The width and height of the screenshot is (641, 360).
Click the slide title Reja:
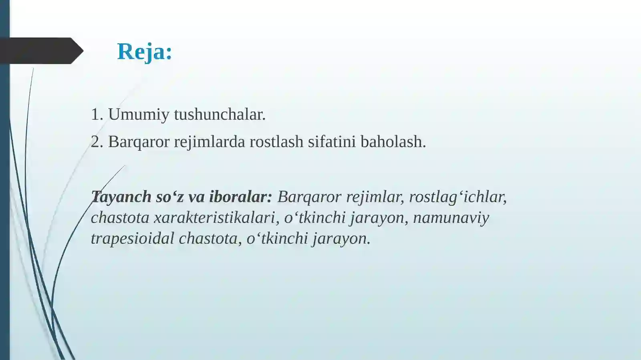pos(144,52)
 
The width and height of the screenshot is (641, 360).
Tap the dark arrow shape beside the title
pos(40,51)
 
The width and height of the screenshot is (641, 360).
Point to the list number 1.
pos(97,115)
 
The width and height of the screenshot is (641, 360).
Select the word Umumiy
pos(139,115)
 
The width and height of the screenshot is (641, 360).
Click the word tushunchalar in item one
pos(220,115)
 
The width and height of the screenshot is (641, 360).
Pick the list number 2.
pos(97,142)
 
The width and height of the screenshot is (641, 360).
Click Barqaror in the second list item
pos(139,142)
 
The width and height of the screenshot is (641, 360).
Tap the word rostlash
pos(276,142)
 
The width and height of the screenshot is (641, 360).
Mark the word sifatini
pos(331,142)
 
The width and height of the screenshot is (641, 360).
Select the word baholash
pos(393,142)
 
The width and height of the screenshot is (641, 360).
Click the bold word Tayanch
pos(121,197)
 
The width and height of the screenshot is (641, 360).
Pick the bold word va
pos(196,197)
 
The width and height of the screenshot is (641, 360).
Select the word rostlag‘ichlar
pos(458,197)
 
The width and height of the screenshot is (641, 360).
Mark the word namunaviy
pos(451,218)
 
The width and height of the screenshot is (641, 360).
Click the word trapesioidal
pos(132,239)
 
